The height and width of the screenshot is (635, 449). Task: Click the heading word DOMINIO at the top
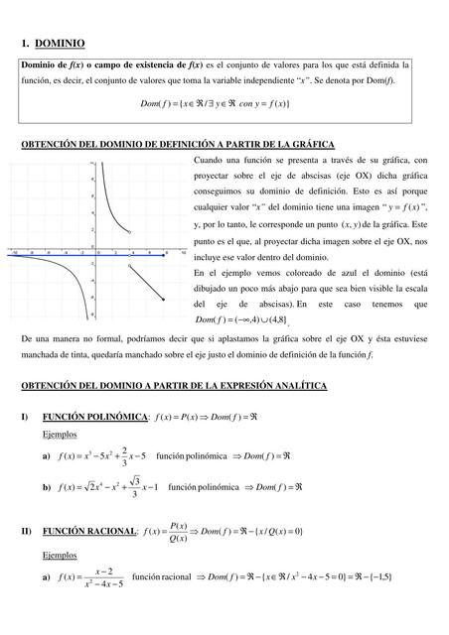(59, 44)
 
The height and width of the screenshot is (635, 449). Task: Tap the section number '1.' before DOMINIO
(24, 44)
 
